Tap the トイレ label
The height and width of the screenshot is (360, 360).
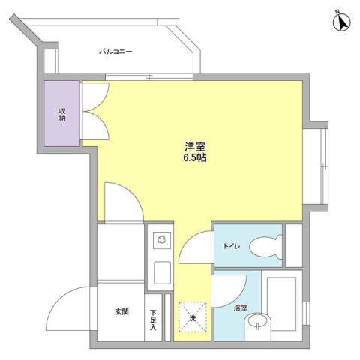click(x=231, y=245)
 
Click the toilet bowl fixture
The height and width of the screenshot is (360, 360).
click(x=267, y=245)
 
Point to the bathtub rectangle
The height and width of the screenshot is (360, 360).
click(x=283, y=304)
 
